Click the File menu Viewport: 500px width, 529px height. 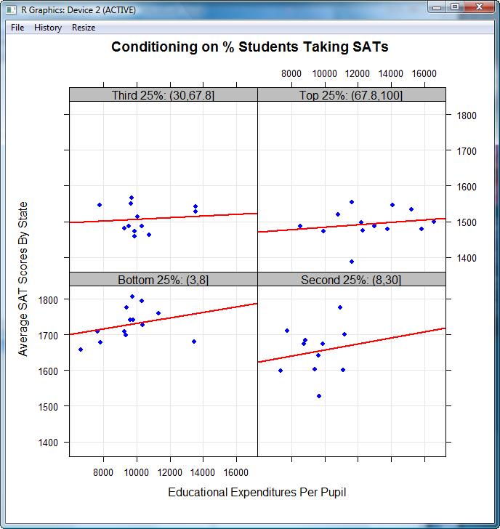(x=17, y=28)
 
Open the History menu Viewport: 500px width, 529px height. (x=48, y=28)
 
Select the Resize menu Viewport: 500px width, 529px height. (x=84, y=28)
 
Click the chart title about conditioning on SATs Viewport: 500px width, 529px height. (x=249, y=47)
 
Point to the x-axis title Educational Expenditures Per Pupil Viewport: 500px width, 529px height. (x=257, y=493)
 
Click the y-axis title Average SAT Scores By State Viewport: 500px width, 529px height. (x=23, y=279)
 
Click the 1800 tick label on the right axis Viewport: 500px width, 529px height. (x=466, y=116)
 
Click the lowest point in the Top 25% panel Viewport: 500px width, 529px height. (x=352, y=262)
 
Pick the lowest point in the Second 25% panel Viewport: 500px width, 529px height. (x=319, y=396)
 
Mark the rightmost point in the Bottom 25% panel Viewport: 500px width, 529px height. (x=194, y=342)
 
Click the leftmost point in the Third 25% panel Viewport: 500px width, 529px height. (x=100, y=205)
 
